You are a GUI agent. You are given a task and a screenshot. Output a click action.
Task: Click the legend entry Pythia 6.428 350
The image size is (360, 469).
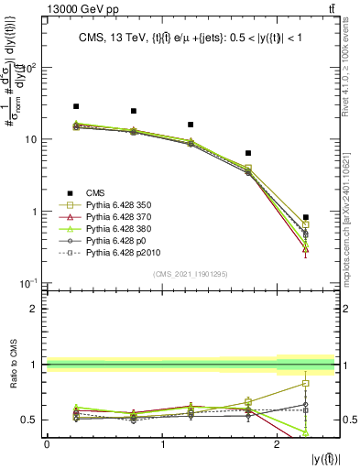point(118,204)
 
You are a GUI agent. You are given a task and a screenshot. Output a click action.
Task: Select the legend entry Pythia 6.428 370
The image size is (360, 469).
point(118,215)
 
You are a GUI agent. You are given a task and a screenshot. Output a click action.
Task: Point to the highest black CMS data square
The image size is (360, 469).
point(76,106)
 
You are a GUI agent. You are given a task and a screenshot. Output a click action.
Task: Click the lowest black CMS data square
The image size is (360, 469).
point(306,217)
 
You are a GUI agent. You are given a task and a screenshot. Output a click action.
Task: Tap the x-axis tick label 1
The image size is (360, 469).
point(162,444)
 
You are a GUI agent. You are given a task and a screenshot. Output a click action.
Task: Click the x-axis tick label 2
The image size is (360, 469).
point(278,444)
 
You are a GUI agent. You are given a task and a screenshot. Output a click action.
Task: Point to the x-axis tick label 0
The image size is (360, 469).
point(47,444)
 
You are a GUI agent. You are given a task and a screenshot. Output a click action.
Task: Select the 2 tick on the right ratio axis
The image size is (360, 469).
point(346,309)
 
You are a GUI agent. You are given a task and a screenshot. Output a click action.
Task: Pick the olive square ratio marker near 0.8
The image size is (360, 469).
point(306,384)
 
